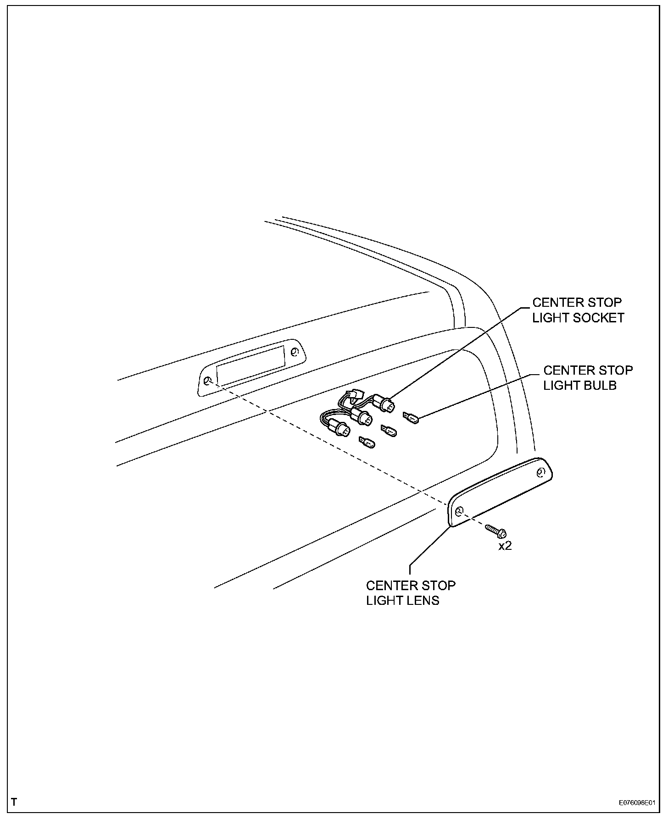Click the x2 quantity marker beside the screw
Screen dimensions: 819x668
pos(505,546)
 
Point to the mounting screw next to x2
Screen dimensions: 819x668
pos(495,531)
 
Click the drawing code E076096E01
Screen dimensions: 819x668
pos(636,803)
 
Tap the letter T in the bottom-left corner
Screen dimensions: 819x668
pos(14,802)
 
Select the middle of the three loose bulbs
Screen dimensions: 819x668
pos(389,430)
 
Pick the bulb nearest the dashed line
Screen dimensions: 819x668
pos(367,443)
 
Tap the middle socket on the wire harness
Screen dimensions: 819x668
pos(364,417)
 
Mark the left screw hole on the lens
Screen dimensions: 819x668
pos(459,511)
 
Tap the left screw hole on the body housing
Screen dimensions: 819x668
pos(207,381)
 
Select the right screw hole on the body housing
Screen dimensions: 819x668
pos(294,352)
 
